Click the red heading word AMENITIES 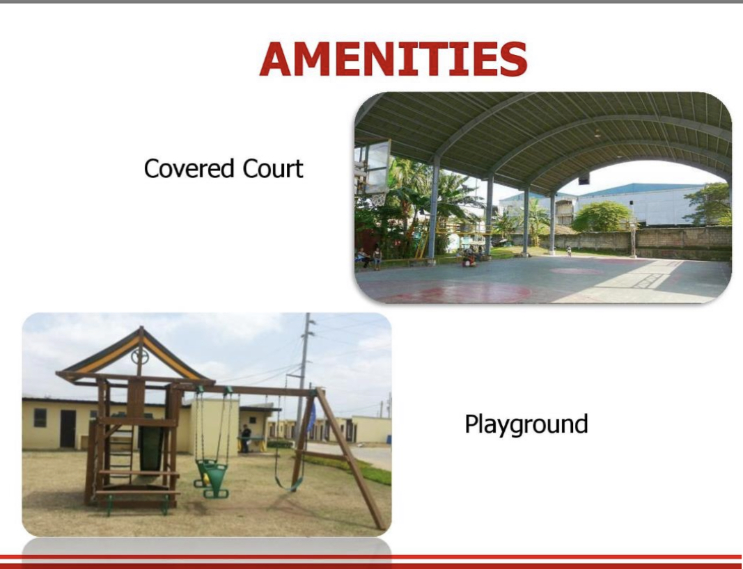click(x=393, y=58)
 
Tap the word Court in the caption click(x=272, y=168)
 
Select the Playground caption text click(x=526, y=424)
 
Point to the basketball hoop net click(x=377, y=199)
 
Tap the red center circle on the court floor click(x=577, y=271)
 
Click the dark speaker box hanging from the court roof click(x=584, y=179)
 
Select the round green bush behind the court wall click(x=602, y=216)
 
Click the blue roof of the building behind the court click(x=640, y=189)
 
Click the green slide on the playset click(x=151, y=447)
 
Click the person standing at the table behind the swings click(x=245, y=438)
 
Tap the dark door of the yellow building click(x=68, y=428)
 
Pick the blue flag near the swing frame click(x=311, y=417)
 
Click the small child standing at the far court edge click(x=569, y=251)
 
